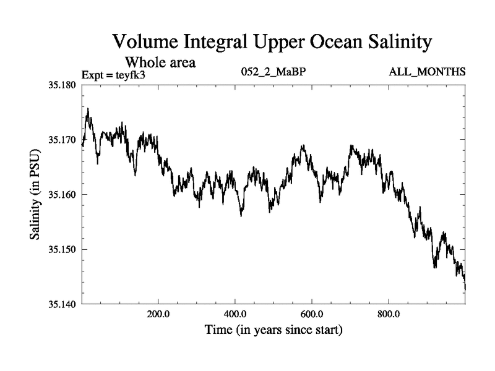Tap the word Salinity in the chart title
[390, 43]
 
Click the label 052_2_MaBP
[273, 72]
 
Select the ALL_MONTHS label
[427, 72]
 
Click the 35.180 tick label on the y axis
[61, 85]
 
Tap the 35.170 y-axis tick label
[61, 140]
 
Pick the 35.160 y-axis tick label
[61, 195]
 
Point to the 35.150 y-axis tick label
[61, 249]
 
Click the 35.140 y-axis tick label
[61, 304]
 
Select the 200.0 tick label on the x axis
[158, 313]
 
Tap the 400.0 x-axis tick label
[235, 313]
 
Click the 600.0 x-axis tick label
[312, 313]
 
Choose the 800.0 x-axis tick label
[389, 313]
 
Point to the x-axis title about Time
[273, 330]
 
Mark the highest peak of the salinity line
[88, 109]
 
